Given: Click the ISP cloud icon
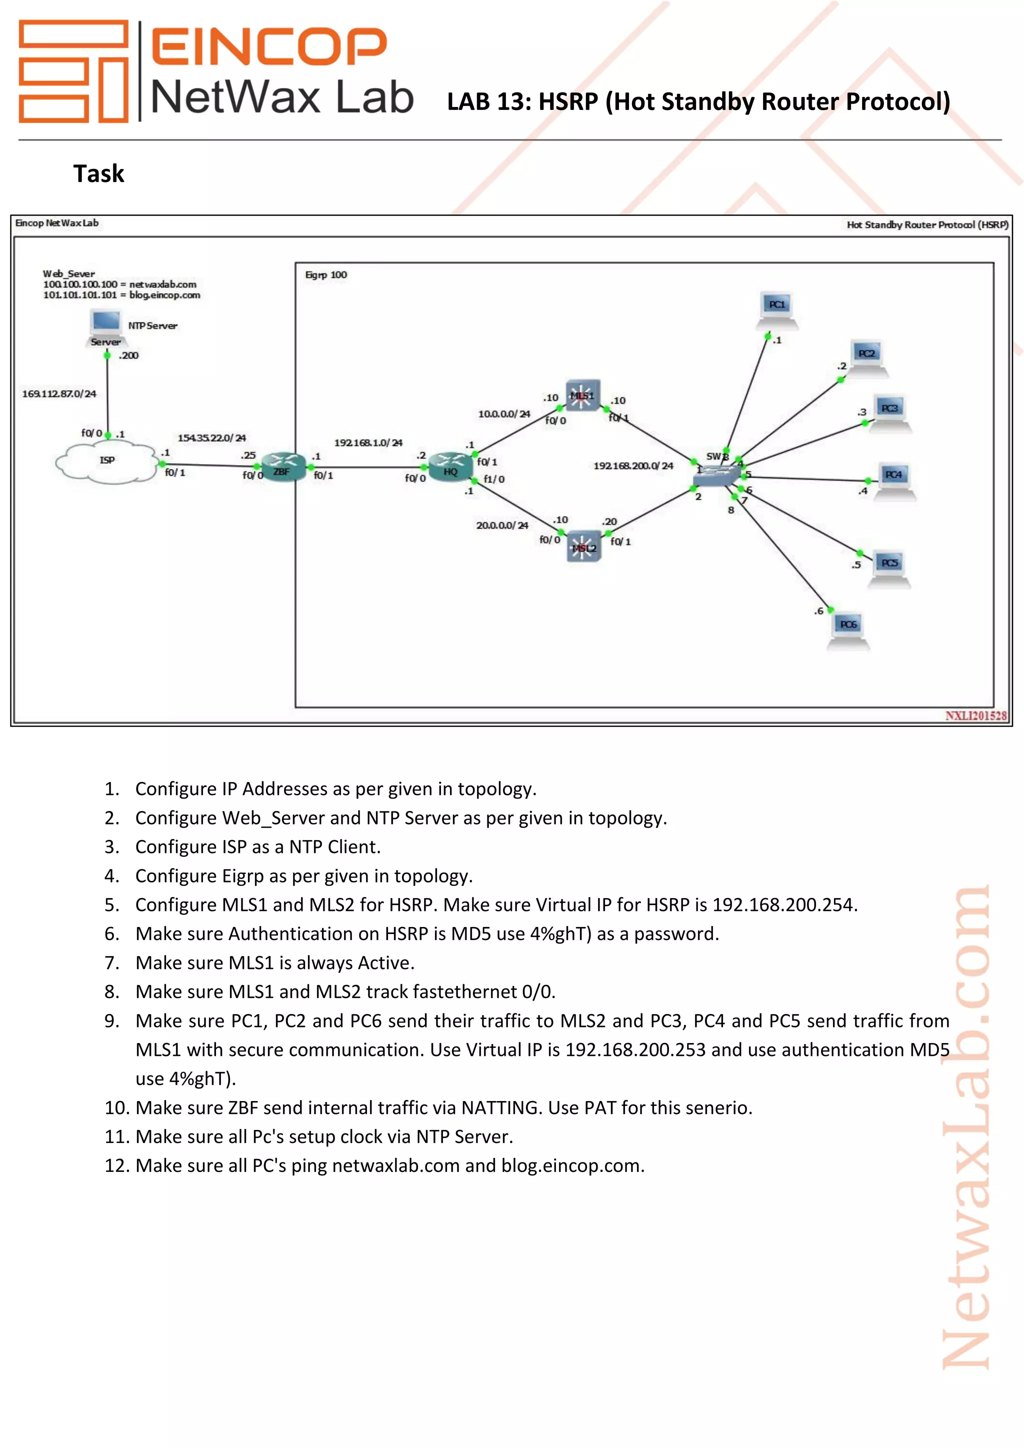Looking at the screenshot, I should point(106,462).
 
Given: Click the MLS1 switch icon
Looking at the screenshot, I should point(582,396).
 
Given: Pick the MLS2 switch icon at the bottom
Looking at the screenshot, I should point(584,546).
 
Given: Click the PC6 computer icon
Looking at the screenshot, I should point(848,629).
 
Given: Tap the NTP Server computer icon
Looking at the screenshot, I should point(105,326).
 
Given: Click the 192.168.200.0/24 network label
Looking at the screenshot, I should point(633,466).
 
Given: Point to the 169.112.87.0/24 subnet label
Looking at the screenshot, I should point(59,394).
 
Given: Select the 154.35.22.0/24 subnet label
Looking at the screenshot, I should point(212,437).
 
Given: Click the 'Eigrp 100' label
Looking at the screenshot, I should point(326,275).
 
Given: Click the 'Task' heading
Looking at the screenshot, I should point(99,174).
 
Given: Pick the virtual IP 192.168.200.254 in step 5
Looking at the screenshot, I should point(784,905).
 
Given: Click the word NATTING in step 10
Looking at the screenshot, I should point(499,1108).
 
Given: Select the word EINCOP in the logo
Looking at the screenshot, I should point(269,46).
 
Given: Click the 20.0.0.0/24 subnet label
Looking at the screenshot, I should point(502,525).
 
